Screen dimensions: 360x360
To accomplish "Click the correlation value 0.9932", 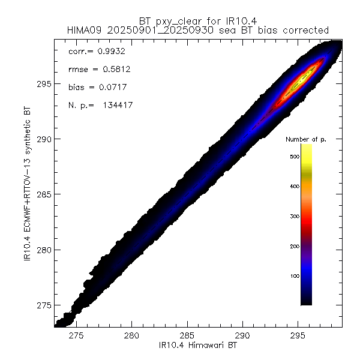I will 106,52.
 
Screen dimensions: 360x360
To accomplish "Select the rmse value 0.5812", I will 110,70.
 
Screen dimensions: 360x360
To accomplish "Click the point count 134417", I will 117,106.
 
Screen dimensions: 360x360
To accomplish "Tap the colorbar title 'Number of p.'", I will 305,139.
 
